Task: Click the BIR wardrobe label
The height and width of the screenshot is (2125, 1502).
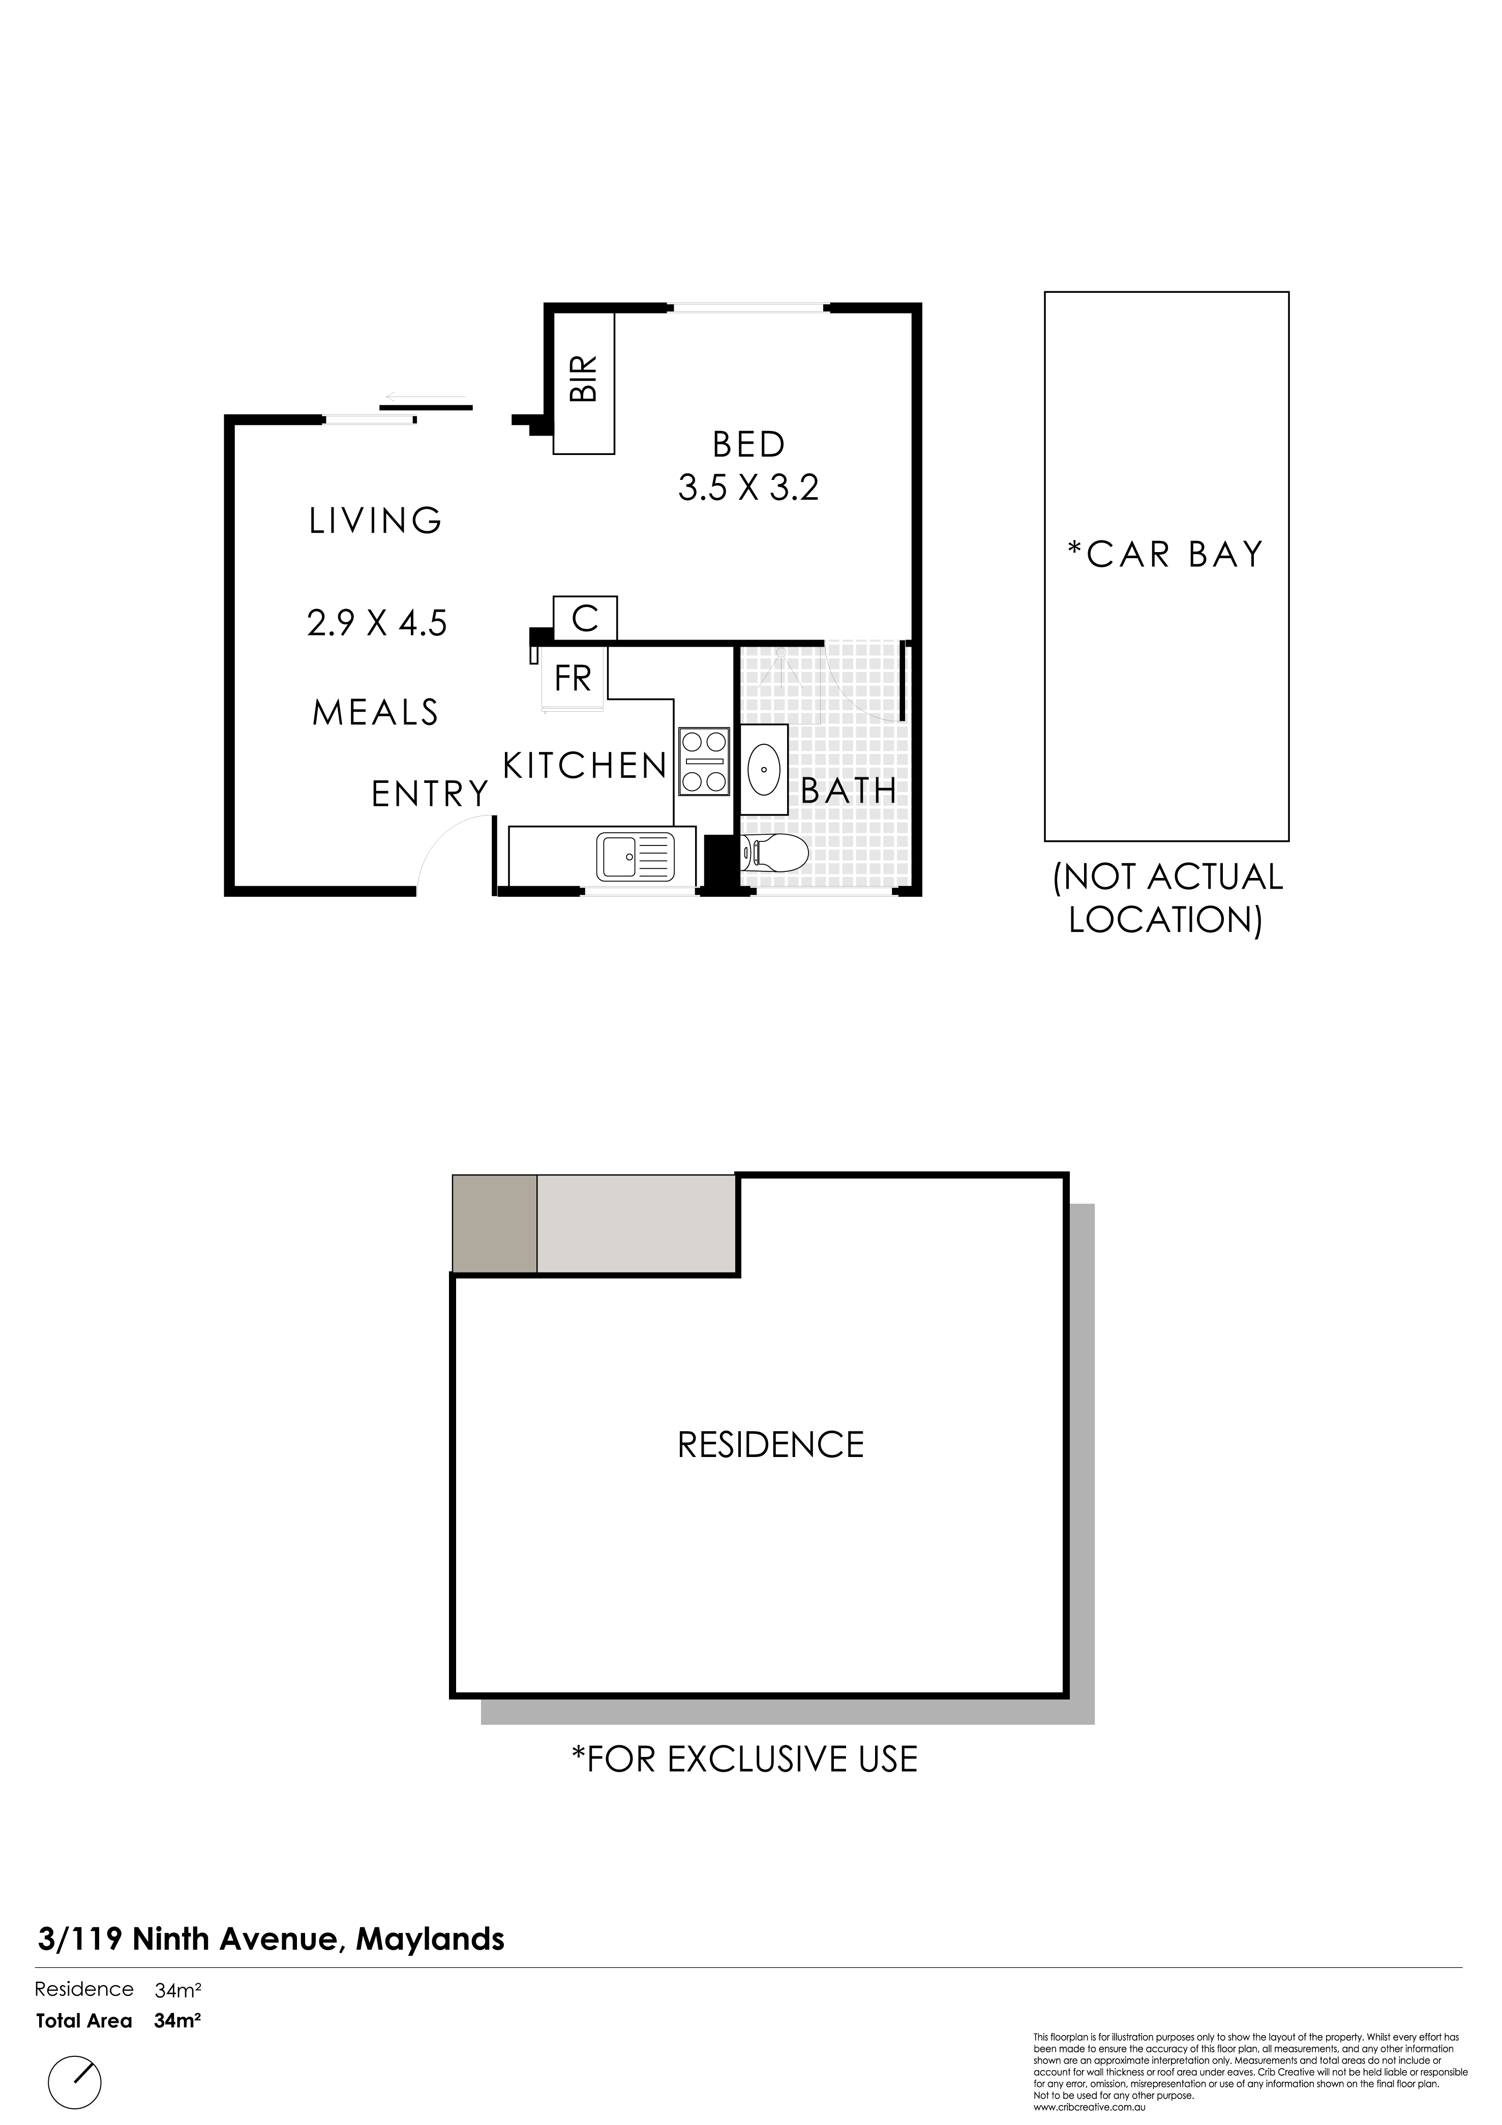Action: [584, 379]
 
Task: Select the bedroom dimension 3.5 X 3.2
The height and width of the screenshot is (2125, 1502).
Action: [748, 488]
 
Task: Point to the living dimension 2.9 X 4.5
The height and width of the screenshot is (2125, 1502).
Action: [377, 623]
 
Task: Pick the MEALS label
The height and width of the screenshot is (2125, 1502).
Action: [376, 713]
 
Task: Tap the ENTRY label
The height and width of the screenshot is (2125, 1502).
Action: [430, 794]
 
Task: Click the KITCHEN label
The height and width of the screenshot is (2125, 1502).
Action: [585, 766]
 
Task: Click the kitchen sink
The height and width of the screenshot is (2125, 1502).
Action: [636, 856]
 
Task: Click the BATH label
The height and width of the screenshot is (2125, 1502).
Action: [849, 792]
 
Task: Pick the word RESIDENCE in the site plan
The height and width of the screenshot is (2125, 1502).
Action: [771, 1445]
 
